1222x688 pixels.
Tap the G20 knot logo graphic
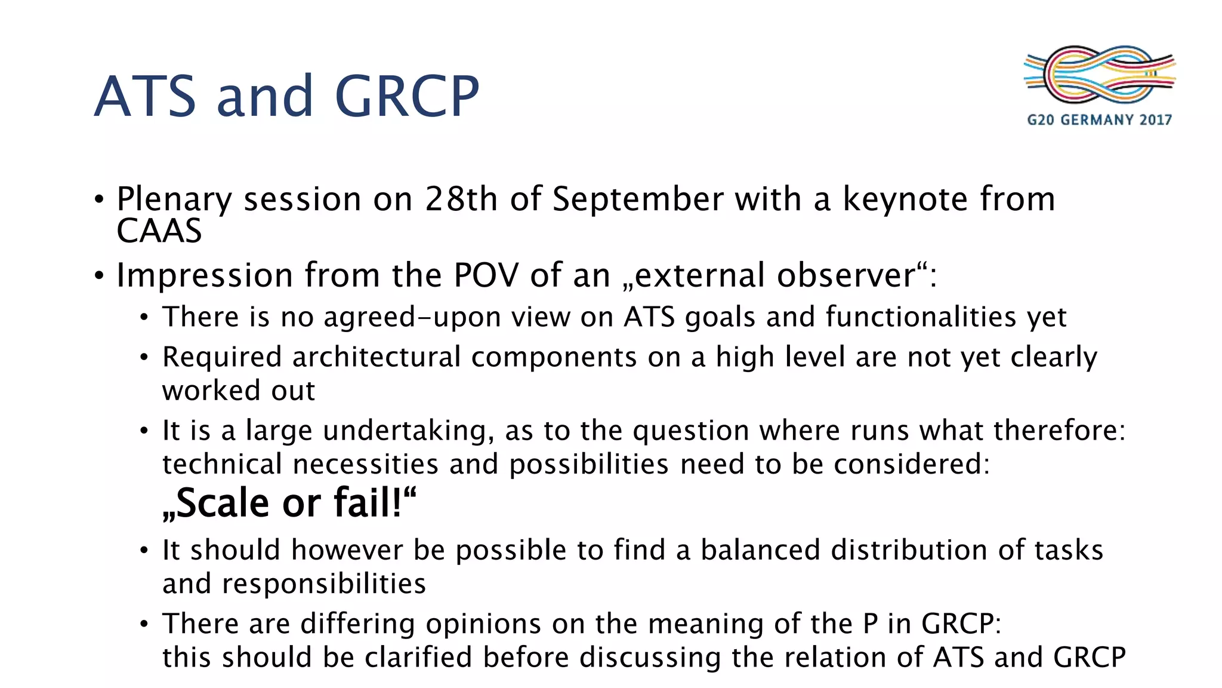(x=1099, y=75)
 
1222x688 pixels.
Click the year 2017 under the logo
(x=1155, y=120)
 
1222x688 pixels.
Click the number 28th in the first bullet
(x=461, y=199)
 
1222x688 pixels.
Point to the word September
(x=637, y=200)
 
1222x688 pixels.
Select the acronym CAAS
(x=159, y=231)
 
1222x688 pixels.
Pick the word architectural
(x=376, y=357)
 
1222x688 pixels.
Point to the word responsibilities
(x=323, y=584)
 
